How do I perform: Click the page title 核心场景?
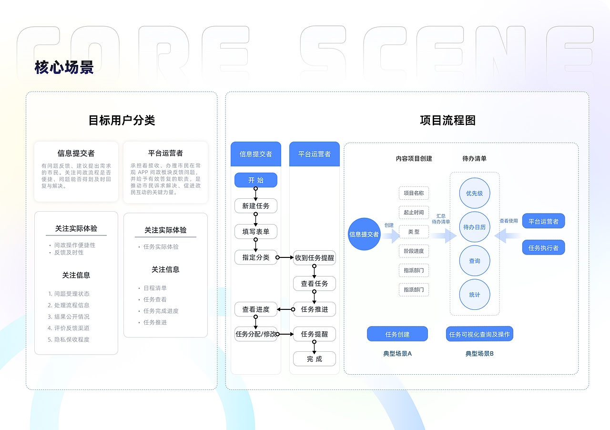pyautogui.click(x=64, y=67)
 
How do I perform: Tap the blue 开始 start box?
pyautogui.click(x=256, y=180)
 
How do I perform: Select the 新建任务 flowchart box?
pyautogui.click(x=256, y=206)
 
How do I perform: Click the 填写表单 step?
pyautogui.click(x=256, y=232)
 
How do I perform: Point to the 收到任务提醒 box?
pyautogui.click(x=315, y=258)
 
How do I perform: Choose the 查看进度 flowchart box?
pyautogui.click(x=256, y=309)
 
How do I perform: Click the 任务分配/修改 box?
pyautogui.click(x=256, y=334)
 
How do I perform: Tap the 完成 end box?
pyautogui.click(x=315, y=359)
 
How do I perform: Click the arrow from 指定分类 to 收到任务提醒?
pyautogui.click(x=285, y=257)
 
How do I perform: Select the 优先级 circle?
pyautogui.click(x=475, y=194)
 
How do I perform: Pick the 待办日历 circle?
pyautogui.click(x=475, y=227)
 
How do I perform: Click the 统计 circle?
pyautogui.click(x=475, y=295)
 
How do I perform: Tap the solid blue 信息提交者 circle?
pyautogui.click(x=364, y=234)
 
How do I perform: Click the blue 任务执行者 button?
pyautogui.click(x=543, y=247)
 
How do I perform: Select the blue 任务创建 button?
pyautogui.click(x=397, y=334)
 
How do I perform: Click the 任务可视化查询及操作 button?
pyautogui.click(x=479, y=334)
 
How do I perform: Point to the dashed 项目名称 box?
pyautogui.click(x=414, y=193)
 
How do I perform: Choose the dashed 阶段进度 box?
pyautogui.click(x=414, y=251)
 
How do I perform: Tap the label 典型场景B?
pyautogui.click(x=479, y=354)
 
